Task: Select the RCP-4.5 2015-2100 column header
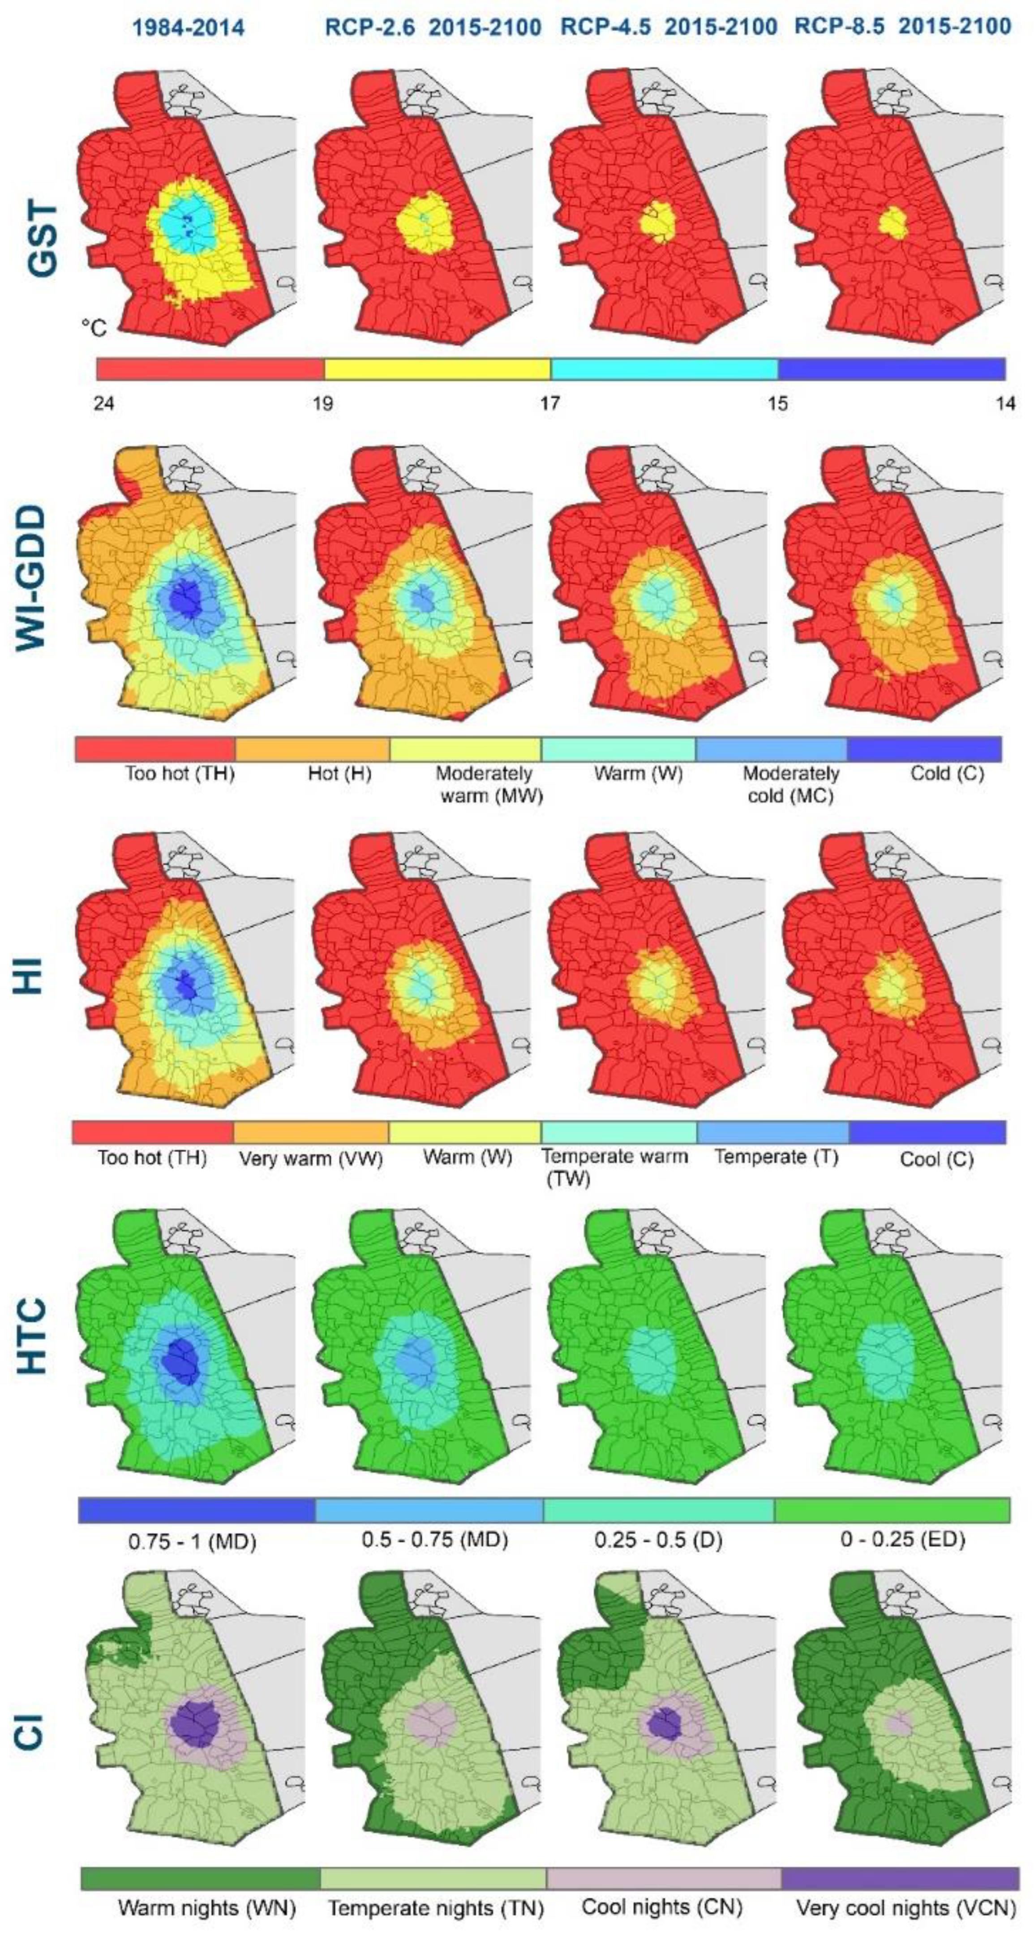tap(669, 28)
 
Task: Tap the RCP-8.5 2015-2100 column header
tap(903, 28)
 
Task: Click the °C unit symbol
tap(94, 328)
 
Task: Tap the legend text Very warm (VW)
tap(311, 1159)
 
